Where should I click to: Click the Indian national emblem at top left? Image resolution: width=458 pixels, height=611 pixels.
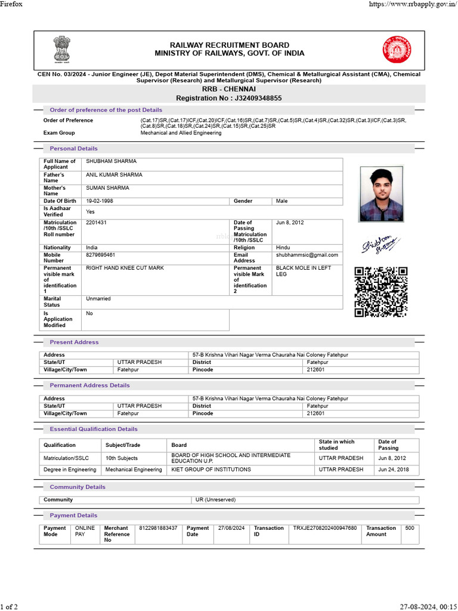(61, 50)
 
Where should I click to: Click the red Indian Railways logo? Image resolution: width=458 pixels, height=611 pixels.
(397, 50)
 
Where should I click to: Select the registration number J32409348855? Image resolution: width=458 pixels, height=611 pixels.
(250, 98)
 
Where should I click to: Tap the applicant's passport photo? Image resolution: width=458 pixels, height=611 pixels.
(381, 194)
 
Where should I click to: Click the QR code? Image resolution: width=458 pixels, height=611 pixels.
(381, 292)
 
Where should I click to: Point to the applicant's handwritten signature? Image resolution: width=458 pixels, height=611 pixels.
(379, 245)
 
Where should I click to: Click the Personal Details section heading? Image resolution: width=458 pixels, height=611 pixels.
(73, 149)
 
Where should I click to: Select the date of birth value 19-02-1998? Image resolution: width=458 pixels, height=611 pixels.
(100, 201)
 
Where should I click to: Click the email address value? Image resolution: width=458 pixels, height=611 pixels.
(307, 255)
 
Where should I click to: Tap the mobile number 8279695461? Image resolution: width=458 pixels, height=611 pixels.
(101, 255)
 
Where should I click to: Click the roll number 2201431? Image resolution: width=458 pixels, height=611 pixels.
(97, 223)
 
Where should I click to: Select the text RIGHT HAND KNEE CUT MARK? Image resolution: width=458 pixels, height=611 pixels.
(125, 268)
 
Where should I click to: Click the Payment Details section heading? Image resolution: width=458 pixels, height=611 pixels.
(73, 515)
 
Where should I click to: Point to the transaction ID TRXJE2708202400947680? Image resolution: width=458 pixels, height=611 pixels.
(325, 528)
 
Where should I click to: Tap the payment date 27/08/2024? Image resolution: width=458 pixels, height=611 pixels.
(232, 528)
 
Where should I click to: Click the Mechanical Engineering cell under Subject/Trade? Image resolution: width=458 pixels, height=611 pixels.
(134, 470)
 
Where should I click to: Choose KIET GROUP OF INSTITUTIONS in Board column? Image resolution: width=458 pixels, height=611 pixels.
(211, 470)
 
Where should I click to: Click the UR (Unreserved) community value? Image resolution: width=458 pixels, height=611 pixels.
(215, 499)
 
